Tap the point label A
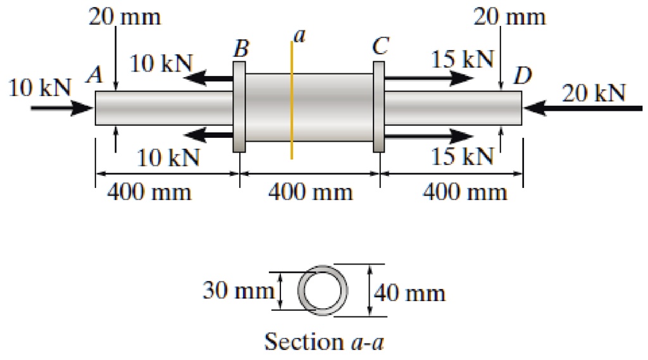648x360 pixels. coord(95,76)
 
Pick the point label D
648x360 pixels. coord(523,77)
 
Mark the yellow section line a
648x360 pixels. coord(292,101)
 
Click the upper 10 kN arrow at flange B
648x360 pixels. coord(209,78)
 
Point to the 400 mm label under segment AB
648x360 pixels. coord(149,192)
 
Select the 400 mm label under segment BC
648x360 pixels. coord(310,192)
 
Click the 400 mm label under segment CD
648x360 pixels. coord(465,192)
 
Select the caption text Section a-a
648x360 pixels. coord(324,342)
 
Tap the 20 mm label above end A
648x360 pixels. coord(125,17)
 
